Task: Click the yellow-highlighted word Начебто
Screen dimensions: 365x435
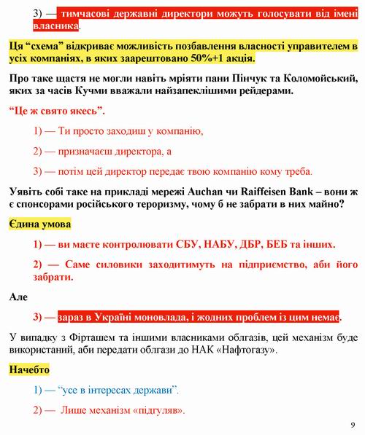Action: [x=30, y=370]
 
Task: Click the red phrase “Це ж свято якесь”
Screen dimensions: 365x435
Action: [x=57, y=111]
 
